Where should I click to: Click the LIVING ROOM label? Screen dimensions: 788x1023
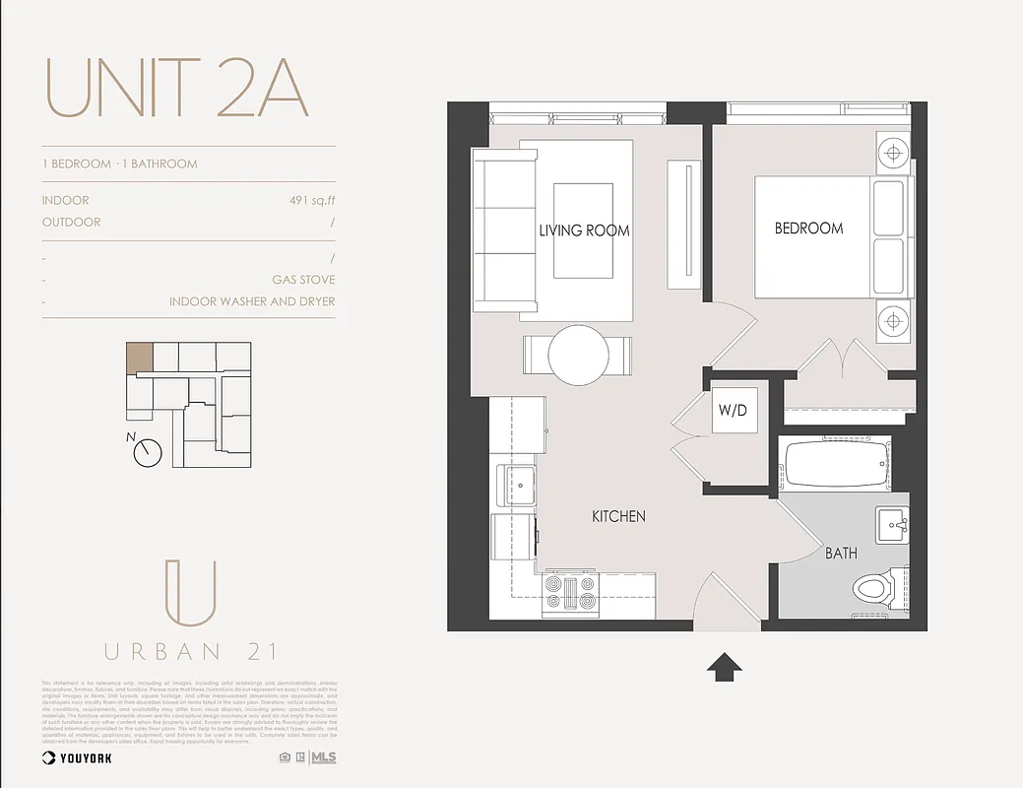tap(584, 230)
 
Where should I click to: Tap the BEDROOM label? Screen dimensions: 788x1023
tap(808, 229)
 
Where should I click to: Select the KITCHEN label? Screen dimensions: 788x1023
tap(618, 516)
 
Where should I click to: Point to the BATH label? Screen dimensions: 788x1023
tap(841, 554)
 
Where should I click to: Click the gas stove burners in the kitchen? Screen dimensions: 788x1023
tap(571, 594)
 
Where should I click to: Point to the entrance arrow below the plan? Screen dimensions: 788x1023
tap(724, 667)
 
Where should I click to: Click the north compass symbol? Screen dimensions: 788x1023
tap(148, 451)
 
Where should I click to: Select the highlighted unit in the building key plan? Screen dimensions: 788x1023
tap(139, 356)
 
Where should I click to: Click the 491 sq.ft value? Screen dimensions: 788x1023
tap(312, 201)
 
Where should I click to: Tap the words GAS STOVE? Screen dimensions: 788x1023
tap(303, 280)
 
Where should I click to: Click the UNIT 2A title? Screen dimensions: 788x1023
tap(177, 89)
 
